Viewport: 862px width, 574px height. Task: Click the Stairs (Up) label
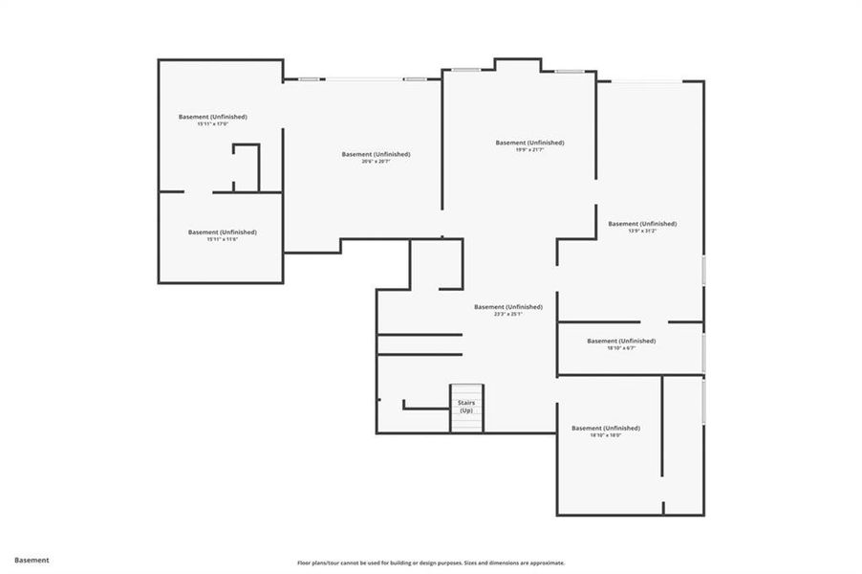click(466, 406)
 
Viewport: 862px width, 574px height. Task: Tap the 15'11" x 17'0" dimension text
click(212, 124)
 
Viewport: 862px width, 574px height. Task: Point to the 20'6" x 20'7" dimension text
click(376, 162)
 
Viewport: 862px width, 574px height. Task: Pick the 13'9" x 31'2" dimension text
click(642, 231)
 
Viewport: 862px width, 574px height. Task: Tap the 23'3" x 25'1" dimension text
click(507, 314)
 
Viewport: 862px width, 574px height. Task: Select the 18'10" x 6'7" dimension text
click(621, 348)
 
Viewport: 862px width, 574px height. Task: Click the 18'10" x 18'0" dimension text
click(606, 435)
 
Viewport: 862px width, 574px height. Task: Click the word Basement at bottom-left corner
click(32, 560)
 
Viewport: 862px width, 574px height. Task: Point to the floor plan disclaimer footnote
click(431, 563)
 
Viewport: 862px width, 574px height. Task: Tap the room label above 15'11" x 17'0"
click(212, 117)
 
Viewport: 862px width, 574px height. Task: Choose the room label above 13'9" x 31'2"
click(642, 223)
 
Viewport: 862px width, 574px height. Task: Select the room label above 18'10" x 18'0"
click(606, 428)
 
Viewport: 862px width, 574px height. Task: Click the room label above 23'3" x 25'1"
click(507, 306)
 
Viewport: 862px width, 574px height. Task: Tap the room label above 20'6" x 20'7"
click(376, 154)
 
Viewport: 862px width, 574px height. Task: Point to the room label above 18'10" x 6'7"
click(621, 341)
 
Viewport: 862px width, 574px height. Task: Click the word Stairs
click(466, 402)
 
